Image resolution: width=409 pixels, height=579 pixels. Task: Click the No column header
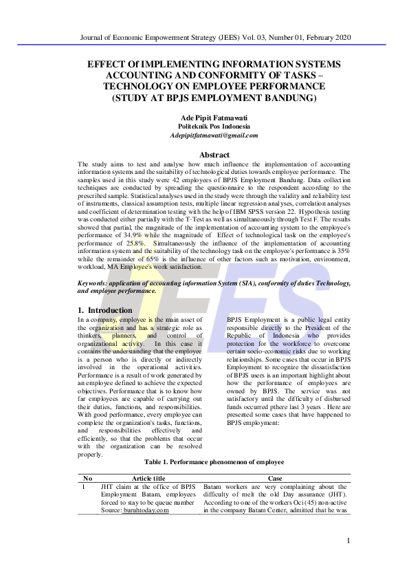(87, 478)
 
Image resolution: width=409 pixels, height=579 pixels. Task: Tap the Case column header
(275, 478)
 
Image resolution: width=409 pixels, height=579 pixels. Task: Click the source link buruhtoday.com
(145, 510)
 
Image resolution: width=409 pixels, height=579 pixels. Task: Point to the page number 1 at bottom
(349, 541)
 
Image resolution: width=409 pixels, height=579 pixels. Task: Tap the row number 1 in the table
(85, 486)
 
